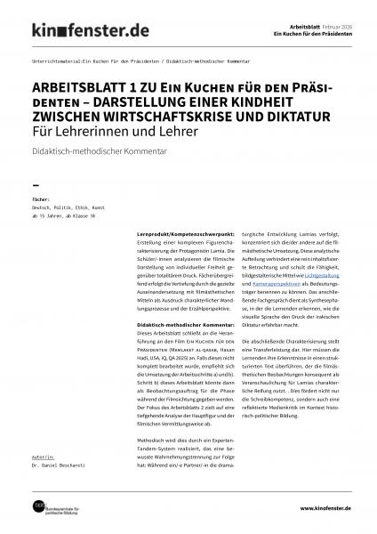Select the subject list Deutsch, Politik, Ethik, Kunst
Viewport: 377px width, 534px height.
click(69, 208)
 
